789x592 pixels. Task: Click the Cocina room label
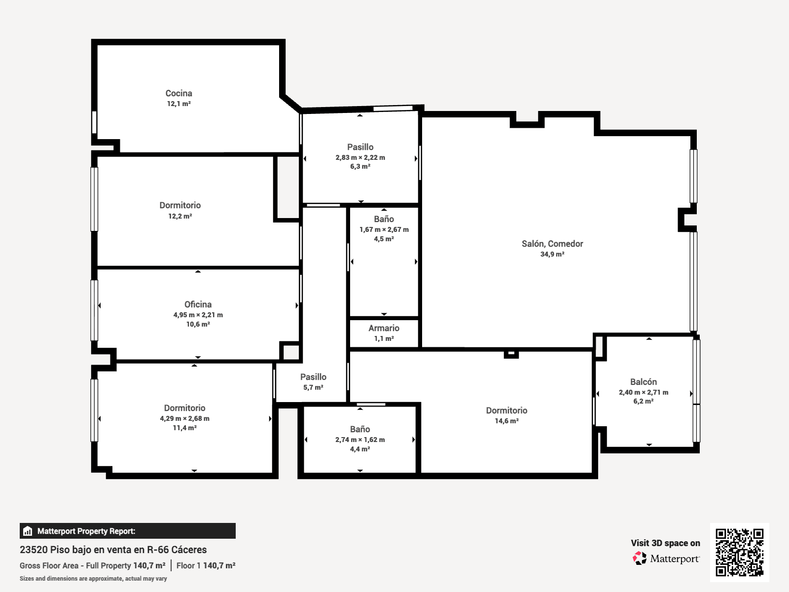coord(179,93)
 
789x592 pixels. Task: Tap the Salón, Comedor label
coord(552,244)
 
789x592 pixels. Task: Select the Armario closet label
coord(384,328)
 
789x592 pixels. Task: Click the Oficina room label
coord(198,304)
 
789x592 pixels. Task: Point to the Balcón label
coord(644,382)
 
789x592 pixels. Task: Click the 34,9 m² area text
coord(552,254)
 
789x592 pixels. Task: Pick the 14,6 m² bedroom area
coord(506,421)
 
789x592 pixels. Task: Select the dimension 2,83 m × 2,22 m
coord(360,157)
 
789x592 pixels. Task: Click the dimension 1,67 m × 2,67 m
coord(384,229)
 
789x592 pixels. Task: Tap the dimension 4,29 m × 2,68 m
coord(185,418)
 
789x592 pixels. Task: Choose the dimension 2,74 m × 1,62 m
coord(360,440)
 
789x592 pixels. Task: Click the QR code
coord(739,552)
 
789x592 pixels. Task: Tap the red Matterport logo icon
coord(640,558)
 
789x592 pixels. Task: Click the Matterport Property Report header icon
coord(28,531)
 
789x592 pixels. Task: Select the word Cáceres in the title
coord(189,550)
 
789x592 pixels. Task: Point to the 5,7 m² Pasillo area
coord(313,387)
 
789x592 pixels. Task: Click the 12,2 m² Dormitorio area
coord(180,216)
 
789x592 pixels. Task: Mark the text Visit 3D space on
coord(665,543)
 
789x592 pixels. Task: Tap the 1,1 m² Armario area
coord(384,338)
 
